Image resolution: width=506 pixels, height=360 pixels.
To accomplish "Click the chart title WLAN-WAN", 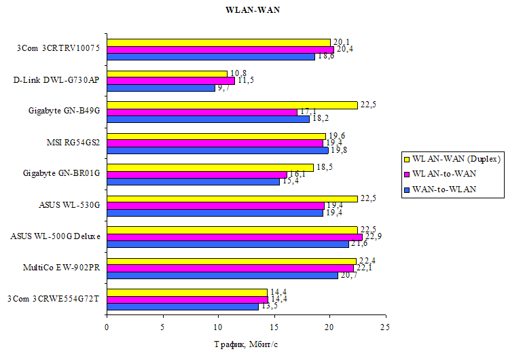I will click(252, 10).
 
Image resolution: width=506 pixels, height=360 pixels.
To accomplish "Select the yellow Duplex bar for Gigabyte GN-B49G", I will click(232, 105).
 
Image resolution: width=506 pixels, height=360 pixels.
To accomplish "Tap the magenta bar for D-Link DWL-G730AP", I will click(170, 81).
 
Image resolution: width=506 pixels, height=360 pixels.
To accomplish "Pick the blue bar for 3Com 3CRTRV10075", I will click(211, 56).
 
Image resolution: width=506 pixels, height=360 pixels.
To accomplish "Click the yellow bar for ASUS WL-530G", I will click(232, 198).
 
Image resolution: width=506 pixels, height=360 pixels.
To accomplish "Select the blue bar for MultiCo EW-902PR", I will click(222, 275).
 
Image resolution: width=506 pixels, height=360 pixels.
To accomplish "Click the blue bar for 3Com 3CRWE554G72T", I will click(182, 306).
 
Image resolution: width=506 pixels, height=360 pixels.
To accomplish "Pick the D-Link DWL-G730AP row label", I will click(56, 79).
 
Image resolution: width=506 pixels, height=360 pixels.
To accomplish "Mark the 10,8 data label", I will click(237, 73).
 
